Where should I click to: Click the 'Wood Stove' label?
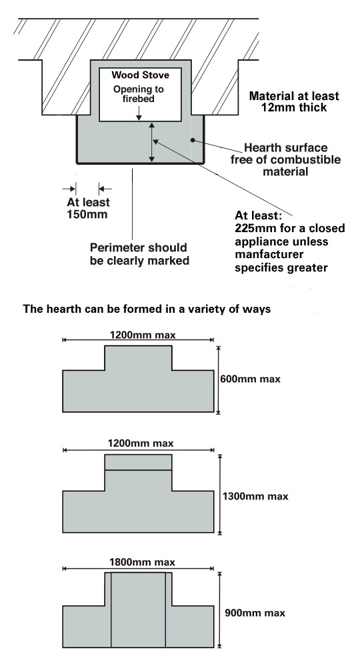(x=140, y=75)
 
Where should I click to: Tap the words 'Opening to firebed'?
(x=139, y=94)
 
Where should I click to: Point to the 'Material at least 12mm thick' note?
(x=294, y=101)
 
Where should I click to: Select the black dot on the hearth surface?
(x=193, y=140)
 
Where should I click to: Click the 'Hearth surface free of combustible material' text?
(x=285, y=159)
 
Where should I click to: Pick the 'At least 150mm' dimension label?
(x=88, y=208)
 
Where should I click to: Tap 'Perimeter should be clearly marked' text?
(x=139, y=254)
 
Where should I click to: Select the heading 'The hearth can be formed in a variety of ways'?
(x=147, y=309)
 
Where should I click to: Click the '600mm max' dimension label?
(x=251, y=379)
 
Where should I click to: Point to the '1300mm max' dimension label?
(x=255, y=496)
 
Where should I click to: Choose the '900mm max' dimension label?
(x=255, y=613)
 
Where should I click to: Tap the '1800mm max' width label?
(x=142, y=562)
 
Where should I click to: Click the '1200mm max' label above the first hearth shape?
(x=143, y=335)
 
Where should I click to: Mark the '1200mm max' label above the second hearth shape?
(x=141, y=444)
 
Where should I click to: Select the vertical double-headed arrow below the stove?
(x=152, y=142)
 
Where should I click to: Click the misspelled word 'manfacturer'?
(x=269, y=255)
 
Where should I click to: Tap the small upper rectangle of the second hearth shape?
(x=138, y=462)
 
